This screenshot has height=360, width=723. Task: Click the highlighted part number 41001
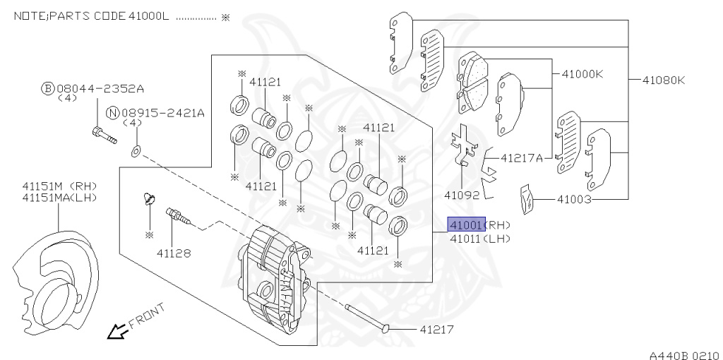point(467,224)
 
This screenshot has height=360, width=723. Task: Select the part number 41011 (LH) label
point(480,239)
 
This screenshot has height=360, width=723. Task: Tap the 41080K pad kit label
point(664,80)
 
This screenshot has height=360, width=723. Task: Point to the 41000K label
point(582,73)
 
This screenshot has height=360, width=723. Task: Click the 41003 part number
point(574,200)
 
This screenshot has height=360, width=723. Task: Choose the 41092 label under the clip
point(462,195)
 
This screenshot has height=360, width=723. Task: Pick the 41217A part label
point(522,158)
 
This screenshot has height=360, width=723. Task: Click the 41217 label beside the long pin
point(436,329)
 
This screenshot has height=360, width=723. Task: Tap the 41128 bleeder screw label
point(174,253)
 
